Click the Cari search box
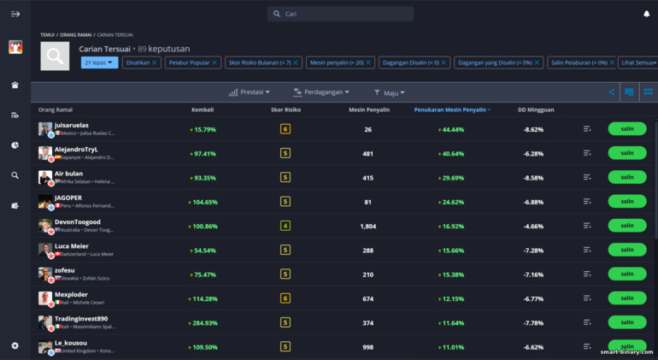340,14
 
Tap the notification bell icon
646,14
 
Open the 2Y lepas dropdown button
99,62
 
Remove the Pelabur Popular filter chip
215,62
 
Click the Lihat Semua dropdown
638,62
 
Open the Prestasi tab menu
250,92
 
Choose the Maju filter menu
390,92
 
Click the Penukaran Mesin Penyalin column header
450,110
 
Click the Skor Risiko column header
285,110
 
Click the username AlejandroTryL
76,149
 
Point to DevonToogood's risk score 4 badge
285,226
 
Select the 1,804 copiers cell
367,226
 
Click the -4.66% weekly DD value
533,226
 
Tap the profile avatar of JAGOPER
45,201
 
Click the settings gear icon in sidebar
15,345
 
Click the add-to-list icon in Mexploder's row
587,298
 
